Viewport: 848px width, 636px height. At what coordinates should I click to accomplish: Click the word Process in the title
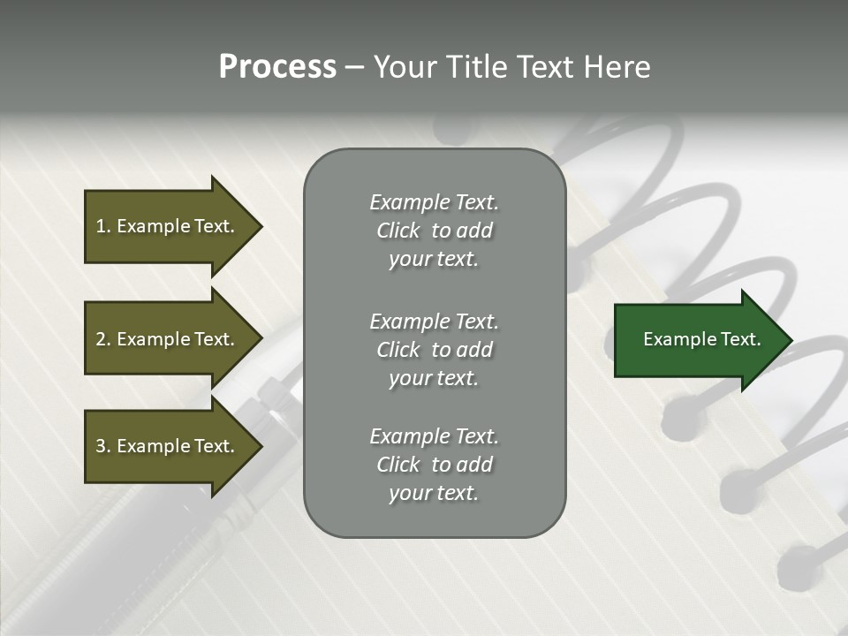(x=277, y=67)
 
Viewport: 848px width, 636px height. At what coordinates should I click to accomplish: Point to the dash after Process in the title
(x=353, y=68)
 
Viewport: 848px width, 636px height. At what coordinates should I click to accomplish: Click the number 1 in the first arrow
(x=101, y=226)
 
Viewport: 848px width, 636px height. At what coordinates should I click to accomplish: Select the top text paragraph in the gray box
(x=434, y=231)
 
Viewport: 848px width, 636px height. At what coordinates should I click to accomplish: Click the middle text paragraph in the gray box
(x=434, y=349)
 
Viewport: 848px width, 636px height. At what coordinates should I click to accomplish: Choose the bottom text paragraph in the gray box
(x=434, y=465)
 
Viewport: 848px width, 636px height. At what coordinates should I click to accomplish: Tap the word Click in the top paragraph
(x=398, y=231)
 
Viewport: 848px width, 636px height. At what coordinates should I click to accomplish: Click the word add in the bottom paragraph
(x=475, y=465)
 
